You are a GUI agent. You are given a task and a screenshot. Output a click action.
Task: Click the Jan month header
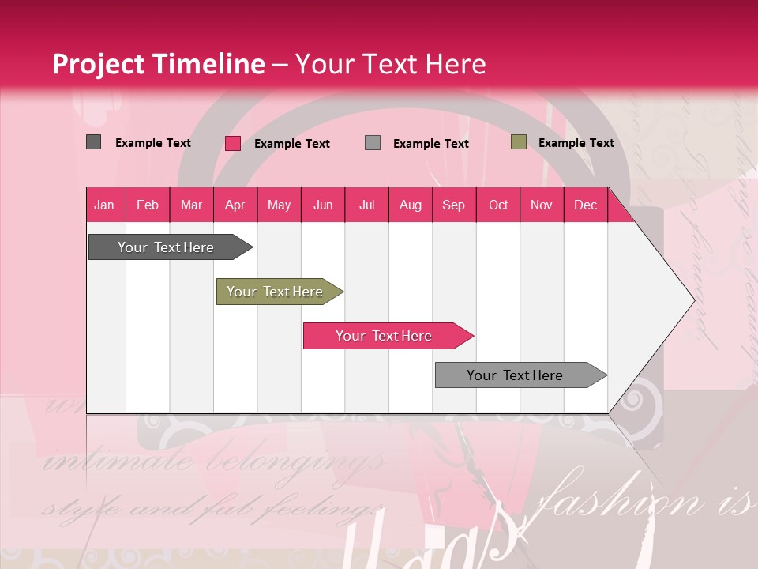click(x=104, y=205)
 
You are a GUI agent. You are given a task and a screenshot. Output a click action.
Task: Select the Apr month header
click(x=235, y=205)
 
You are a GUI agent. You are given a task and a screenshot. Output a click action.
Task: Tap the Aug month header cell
click(x=410, y=205)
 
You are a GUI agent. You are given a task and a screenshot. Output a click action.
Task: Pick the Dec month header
click(x=585, y=205)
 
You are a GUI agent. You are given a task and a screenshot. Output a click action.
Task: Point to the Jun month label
click(x=322, y=205)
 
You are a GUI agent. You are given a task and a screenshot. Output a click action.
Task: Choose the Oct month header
click(x=497, y=205)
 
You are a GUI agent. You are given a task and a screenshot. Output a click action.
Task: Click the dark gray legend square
click(x=93, y=142)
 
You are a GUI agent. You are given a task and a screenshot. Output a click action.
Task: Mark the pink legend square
click(x=232, y=143)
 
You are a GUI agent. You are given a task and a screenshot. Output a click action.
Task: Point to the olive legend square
click(x=518, y=142)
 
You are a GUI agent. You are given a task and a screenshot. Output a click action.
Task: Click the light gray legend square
click(x=373, y=143)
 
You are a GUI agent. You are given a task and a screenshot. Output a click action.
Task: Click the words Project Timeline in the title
click(x=158, y=64)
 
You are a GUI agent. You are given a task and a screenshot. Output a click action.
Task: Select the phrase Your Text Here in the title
click(x=390, y=64)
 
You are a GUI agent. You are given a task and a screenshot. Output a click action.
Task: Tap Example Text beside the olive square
click(x=576, y=143)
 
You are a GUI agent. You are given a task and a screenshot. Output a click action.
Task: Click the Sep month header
click(x=453, y=205)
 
